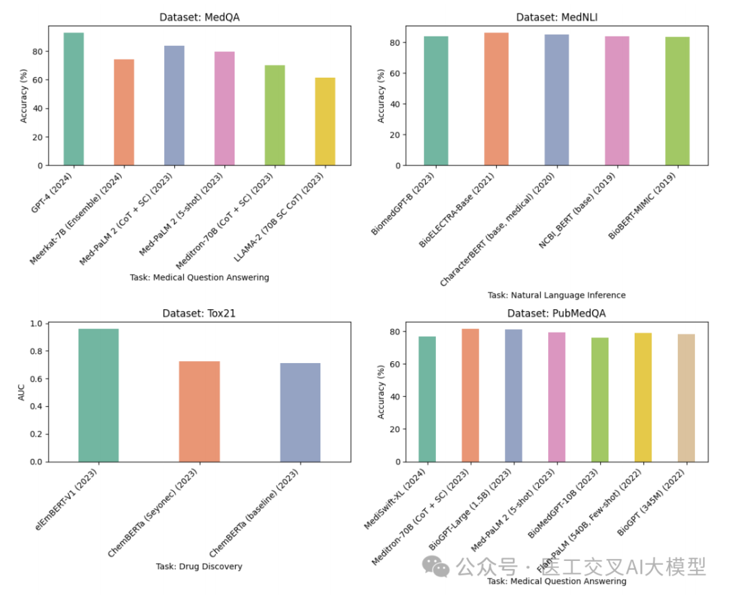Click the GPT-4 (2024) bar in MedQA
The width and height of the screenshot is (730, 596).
point(74,99)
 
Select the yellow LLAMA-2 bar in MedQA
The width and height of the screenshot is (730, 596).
point(325,121)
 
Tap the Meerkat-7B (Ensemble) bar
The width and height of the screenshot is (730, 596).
point(124,112)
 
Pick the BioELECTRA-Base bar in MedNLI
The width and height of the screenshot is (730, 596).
point(496,99)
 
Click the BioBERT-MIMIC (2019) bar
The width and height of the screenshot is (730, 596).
point(677,101)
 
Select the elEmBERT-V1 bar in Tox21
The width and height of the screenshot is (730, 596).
point(99,395)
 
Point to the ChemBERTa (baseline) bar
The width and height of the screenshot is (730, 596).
point(300,412)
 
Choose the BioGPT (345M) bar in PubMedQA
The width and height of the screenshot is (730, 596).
point(686,398)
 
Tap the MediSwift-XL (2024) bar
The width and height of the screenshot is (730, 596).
point(427,399)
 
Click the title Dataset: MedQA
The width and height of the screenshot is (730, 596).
point(199,18)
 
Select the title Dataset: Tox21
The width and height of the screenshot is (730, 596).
point(199,313)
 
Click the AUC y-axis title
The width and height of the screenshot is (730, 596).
point(22,392)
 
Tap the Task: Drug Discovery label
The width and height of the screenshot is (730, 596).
point(199,566)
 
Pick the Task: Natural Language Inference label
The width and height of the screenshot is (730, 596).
point(556,295)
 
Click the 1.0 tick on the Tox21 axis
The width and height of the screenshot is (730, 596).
point(34,324)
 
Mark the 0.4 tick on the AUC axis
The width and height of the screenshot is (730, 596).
point(34,406)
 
